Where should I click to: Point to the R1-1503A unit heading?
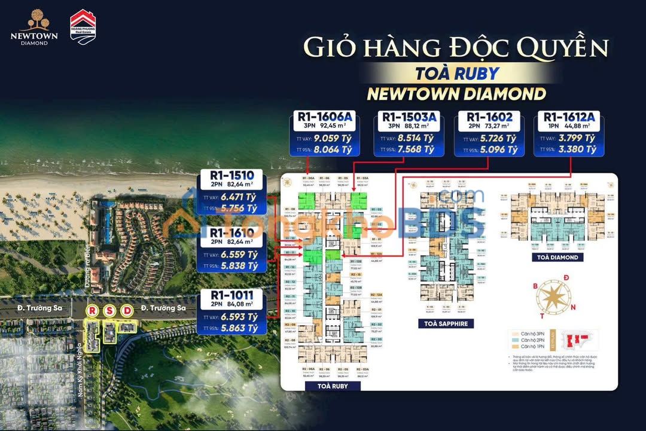tap(408, 116)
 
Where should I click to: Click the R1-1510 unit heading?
tap(232, 175)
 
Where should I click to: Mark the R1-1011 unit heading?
tap(232, 295)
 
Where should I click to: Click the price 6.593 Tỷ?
tap(239, 317)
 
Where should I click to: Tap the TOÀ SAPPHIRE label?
tap(446, 323)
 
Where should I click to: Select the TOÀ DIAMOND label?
tap(557, 257)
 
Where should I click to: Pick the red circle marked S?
tap(109, 311)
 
